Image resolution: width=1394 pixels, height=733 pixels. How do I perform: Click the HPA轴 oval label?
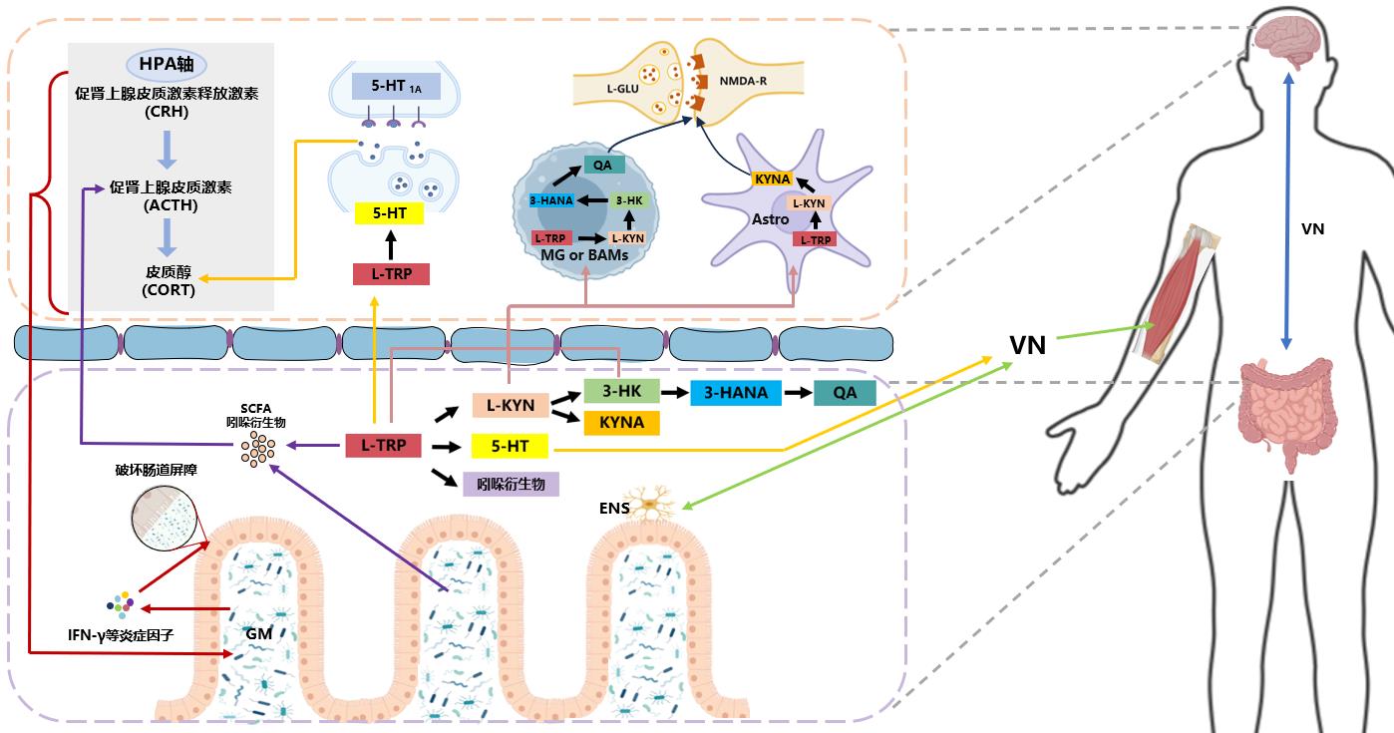pos(168,66)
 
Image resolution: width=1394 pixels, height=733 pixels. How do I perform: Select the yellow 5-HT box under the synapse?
pos(390,213)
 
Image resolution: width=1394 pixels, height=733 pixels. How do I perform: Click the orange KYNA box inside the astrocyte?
pos(773,180)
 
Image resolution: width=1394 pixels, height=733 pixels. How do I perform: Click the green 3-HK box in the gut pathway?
pos(622,392)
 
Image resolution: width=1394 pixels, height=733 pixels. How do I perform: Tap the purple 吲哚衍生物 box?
pos(511,485)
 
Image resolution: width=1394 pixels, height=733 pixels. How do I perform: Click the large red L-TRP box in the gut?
pos(382,446)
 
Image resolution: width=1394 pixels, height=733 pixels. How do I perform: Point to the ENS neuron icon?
pos(653,507)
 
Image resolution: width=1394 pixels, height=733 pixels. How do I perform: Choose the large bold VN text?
pos(1027,346)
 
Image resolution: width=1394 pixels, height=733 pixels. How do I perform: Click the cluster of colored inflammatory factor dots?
pos(121,604)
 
